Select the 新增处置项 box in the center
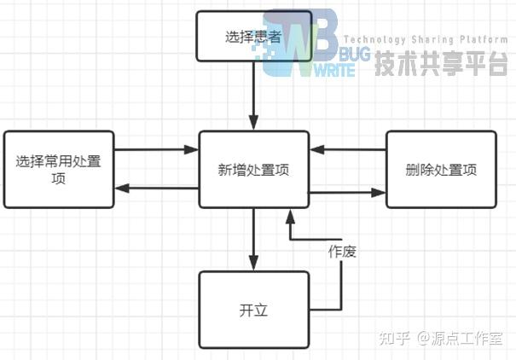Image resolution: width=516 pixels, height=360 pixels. coord(254,169)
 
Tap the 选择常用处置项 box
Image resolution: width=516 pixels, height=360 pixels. coord(58,169)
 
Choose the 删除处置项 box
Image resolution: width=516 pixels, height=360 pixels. coord(441,169)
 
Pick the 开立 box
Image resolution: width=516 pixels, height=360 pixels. coord(254,310)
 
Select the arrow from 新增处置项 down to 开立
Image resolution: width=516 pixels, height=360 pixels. coord(254,239)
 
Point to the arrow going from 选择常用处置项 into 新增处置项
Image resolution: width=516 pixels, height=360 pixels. coord(156,150)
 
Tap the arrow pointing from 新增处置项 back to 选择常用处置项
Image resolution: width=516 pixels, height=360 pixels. coord(156,188)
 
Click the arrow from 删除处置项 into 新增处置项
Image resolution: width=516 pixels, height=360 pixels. coord(348,150)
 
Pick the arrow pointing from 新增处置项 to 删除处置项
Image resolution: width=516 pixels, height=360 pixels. coord(348,193)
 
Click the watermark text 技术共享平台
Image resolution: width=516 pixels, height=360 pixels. coord(442,64)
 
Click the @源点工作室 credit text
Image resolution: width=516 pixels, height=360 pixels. coord(461,339)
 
